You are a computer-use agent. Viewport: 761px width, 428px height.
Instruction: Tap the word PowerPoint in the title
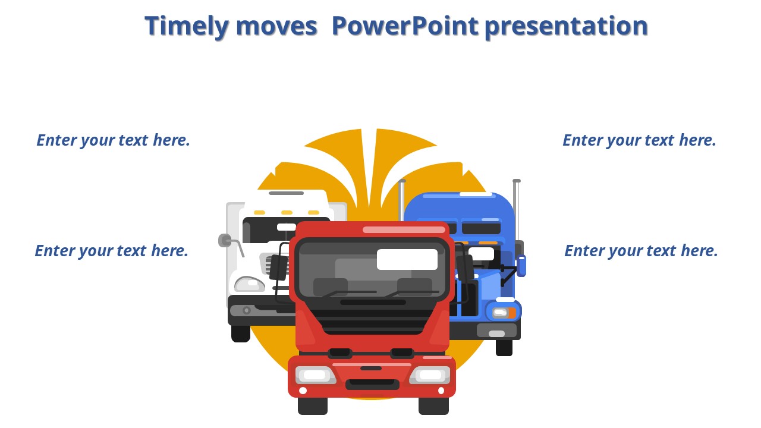[x=405, y=26]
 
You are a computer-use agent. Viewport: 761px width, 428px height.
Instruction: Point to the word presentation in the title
[x=567, y=27]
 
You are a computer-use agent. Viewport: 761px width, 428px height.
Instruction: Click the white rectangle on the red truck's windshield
[x=407, y=259]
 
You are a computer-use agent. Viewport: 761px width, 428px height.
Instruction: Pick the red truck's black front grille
[x=373, y=321]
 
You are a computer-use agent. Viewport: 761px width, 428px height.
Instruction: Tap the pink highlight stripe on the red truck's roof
[x=404, y=229]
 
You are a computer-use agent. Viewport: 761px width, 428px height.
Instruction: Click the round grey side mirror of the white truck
[x=225, y=241]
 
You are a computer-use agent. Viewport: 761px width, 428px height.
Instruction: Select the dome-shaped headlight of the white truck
[x=250, y=284]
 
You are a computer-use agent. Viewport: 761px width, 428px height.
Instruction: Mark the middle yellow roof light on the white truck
[x=287, y=213]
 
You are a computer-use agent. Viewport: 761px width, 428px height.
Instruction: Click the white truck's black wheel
[x=241, y=333]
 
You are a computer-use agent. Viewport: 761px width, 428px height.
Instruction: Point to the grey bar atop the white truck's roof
[x=286, y=193]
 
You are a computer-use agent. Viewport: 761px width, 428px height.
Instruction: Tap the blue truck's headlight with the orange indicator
[x=505, y=313]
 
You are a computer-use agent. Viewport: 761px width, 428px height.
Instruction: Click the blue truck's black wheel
[x=504, y=348]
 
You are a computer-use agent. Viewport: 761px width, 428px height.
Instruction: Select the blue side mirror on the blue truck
[x=521, y=266]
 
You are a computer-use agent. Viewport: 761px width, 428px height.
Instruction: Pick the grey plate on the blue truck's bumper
[x=496, y=331]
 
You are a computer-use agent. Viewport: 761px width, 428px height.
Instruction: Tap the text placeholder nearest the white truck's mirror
[x=111, y=251]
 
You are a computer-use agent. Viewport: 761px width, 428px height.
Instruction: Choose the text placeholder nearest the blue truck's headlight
[x=641, y=251]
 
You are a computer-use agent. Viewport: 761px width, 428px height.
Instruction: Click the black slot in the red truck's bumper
[x=372, y=383]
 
